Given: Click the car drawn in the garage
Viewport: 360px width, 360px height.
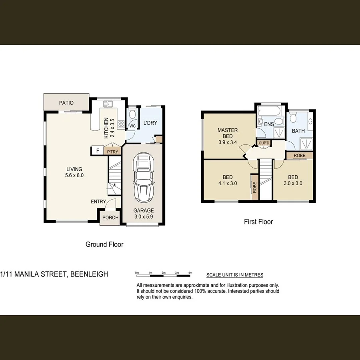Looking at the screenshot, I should (143, 177).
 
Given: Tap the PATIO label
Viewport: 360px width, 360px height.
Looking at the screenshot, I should (66, 103).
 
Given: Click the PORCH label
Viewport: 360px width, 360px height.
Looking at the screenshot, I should (110, 218).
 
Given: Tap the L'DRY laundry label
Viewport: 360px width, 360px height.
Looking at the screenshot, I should (150, 123).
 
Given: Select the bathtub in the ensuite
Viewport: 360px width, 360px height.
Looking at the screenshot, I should (270, 110).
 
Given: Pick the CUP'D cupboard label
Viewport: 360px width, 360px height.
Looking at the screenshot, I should (264, 143).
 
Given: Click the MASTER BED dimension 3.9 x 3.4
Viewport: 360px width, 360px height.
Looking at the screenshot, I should (228, 142).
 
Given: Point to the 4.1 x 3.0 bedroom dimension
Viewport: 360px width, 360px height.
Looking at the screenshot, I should (228, 184).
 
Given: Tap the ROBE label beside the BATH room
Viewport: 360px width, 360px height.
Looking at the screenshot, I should (299, 156).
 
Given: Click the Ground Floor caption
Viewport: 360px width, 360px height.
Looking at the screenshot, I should (104, 244).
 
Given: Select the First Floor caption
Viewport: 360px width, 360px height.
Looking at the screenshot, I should (258, 221).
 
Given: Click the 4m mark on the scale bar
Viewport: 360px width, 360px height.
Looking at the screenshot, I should (190, 272).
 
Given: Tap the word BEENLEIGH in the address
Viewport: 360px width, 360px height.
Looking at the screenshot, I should (88, 274).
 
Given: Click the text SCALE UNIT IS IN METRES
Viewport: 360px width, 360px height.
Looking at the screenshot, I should (234, 275).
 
